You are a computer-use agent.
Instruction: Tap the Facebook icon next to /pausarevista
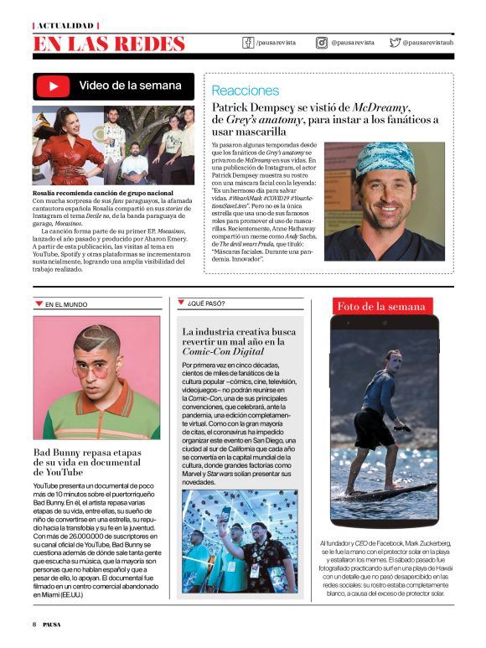[x=248, y=42]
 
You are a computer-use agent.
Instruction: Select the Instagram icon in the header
[x=322, y=42]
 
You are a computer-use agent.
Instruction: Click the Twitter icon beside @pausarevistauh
[x=392, y=42]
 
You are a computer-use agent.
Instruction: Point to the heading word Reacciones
[x=246, y=90]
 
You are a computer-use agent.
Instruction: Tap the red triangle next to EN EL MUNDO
[x=38, y=303]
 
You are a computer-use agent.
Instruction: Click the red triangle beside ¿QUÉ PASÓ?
[x=181, y=302]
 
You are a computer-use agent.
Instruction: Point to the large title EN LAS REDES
[x=109, y=44]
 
